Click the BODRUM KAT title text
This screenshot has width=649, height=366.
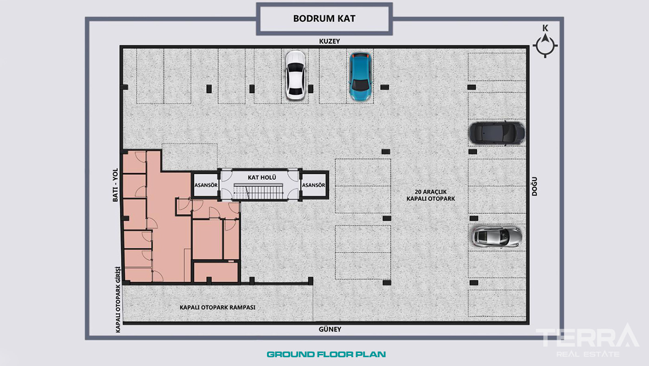coord(324,19)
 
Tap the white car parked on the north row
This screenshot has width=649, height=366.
coord(295,75)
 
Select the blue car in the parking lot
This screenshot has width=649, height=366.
coord(360,77)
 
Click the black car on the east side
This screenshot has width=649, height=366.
coord(496,133)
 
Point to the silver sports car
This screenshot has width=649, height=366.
coord(497,237)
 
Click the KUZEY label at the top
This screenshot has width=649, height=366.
coord(330,41)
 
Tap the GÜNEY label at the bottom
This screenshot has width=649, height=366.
coord(330,329)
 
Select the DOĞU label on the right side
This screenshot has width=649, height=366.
coord(534,186)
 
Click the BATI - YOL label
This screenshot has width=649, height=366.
coord(115,185)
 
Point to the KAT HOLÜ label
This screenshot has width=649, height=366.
coord(262,177)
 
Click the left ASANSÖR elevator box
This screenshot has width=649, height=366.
coord(206,185)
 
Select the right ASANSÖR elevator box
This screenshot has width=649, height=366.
coord(314,185)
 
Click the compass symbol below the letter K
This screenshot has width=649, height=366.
coord(545,46)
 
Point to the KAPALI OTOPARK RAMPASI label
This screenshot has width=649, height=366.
coord(217,307)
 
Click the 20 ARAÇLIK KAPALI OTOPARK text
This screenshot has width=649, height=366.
coord(431,196)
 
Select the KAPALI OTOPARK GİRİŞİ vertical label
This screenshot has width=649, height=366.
coord(118,300)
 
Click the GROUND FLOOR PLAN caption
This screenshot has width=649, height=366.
coord(326,354)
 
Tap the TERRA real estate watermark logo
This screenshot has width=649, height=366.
coord(588,340)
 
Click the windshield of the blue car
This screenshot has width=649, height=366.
coord(360,85)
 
